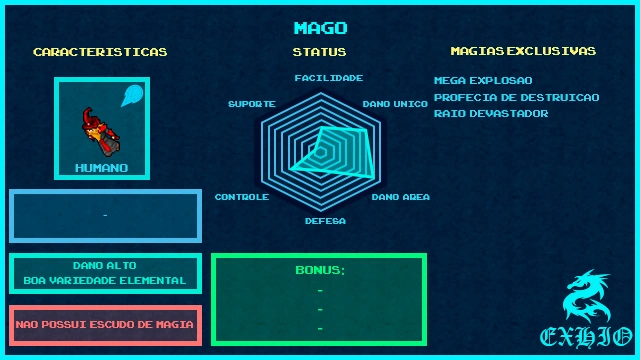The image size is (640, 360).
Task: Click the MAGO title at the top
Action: [x=320, y=28]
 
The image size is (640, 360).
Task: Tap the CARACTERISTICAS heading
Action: [x=100, y=52]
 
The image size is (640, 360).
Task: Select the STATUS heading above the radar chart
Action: [x=320, y=52]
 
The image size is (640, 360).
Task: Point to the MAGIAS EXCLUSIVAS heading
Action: [x=523, y=51]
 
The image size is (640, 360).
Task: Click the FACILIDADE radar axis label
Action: [x=328, y=77]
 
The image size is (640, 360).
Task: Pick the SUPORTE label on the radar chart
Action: [x=251, y=104]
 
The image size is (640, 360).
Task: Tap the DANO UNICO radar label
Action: [x=395, y=104]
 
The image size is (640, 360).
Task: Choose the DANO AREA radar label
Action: [x=401, y=197]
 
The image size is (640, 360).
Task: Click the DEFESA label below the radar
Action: [x=325, y=220]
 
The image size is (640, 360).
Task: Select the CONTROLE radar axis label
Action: [x=242, y=197]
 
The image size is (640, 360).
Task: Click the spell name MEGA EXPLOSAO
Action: [x=483, y=80]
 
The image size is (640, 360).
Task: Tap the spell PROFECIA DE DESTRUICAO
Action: [x=516, y=97]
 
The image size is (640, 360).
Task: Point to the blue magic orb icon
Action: [x=132, y=96]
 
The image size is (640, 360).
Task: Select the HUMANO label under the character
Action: [x=101, y=168]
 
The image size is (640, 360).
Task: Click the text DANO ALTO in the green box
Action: [x=105, y=266]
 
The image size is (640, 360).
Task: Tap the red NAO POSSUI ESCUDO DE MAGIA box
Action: [x=105, y=325]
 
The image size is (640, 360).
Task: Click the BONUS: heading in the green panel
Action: [x=320, y=270]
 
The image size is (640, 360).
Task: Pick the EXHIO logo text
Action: [x=585, y=336]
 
